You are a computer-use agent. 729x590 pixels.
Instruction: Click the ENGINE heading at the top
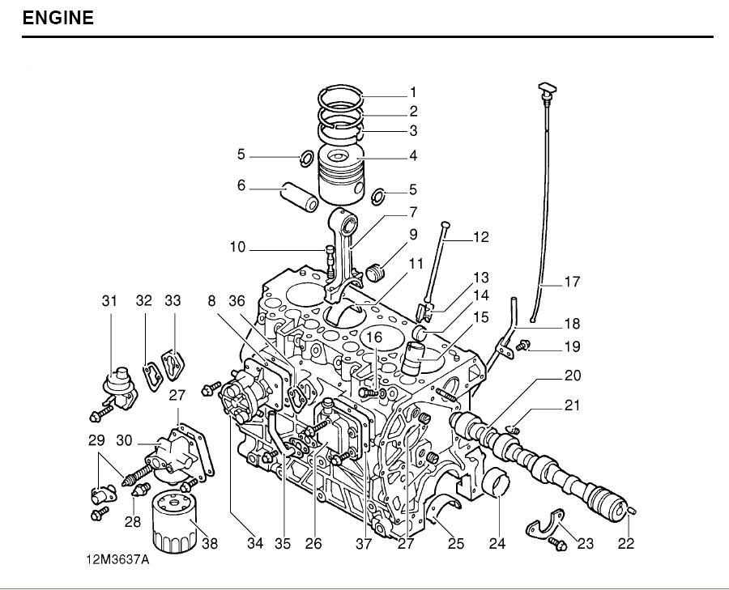click(x=58, y=18)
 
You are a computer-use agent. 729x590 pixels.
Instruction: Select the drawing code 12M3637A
click(x=118, y=560)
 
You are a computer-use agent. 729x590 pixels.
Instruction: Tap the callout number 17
click(x=572, y=282)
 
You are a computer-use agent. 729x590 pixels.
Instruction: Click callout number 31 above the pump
click(x=109, y=301)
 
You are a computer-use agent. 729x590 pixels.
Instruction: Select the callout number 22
click(x=626, y=544)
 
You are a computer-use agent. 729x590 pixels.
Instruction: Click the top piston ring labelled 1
click(x=343, y=100)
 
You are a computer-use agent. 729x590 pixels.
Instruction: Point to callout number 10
click(x=237, y=247)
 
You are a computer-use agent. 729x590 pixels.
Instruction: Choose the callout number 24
click(x=497, y=544)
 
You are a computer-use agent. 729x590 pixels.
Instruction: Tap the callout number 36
click(x=237, y=301)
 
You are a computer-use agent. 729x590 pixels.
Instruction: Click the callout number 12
click(x=481, y=237)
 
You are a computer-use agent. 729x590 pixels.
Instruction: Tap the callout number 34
click(x=254, y=544)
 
